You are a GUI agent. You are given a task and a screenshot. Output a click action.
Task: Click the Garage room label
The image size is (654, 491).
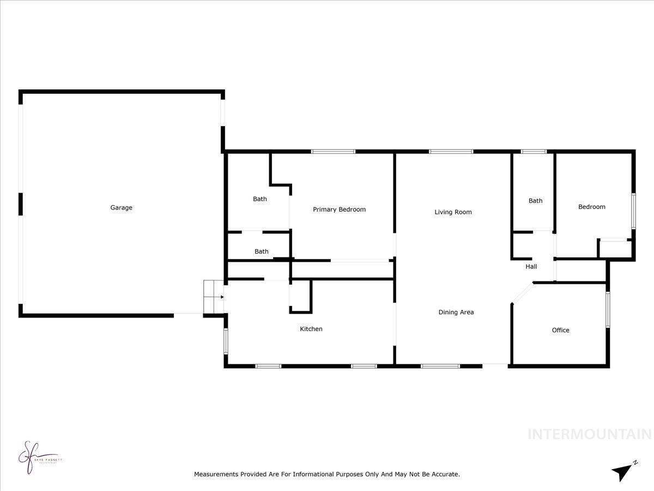tap(121, 207)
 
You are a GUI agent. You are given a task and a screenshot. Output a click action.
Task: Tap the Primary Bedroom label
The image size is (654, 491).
tap(339, 209)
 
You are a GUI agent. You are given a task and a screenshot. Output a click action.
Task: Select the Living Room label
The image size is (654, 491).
tap(453, 212)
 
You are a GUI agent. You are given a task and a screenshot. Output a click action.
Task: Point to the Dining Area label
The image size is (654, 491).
tap(456, 313)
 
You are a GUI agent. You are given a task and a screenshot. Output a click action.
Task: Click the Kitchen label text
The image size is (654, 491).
tap(311, 329)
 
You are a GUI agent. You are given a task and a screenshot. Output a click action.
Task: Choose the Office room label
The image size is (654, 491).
tap(560, 330)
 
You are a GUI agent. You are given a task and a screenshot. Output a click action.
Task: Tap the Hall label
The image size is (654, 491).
tap(531, 267)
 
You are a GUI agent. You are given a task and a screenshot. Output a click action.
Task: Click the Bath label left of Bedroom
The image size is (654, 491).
tap(535, 201)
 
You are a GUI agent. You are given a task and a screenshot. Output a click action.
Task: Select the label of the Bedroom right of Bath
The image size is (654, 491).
tap(591, 207)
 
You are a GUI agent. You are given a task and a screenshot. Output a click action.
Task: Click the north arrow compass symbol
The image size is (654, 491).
tap(623, 470)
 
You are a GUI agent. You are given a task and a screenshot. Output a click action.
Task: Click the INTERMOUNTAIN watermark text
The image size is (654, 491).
tap(590, 434)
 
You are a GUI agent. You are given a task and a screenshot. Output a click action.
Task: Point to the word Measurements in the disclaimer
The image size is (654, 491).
tap(216, 475)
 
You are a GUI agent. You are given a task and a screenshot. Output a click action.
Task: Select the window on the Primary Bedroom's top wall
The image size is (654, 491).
tap(333, 152)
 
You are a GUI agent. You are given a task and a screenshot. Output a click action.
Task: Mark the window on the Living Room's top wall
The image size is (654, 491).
tap(451, 152)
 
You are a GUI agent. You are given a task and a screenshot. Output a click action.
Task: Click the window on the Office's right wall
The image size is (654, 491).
tap(608, 309)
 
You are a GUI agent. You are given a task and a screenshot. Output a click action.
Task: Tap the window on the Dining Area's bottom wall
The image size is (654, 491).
tap(440, 366)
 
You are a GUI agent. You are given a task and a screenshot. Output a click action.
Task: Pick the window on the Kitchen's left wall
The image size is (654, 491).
tap(226, 342)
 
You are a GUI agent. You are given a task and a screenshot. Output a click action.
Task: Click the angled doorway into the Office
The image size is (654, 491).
tap(522, 293)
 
